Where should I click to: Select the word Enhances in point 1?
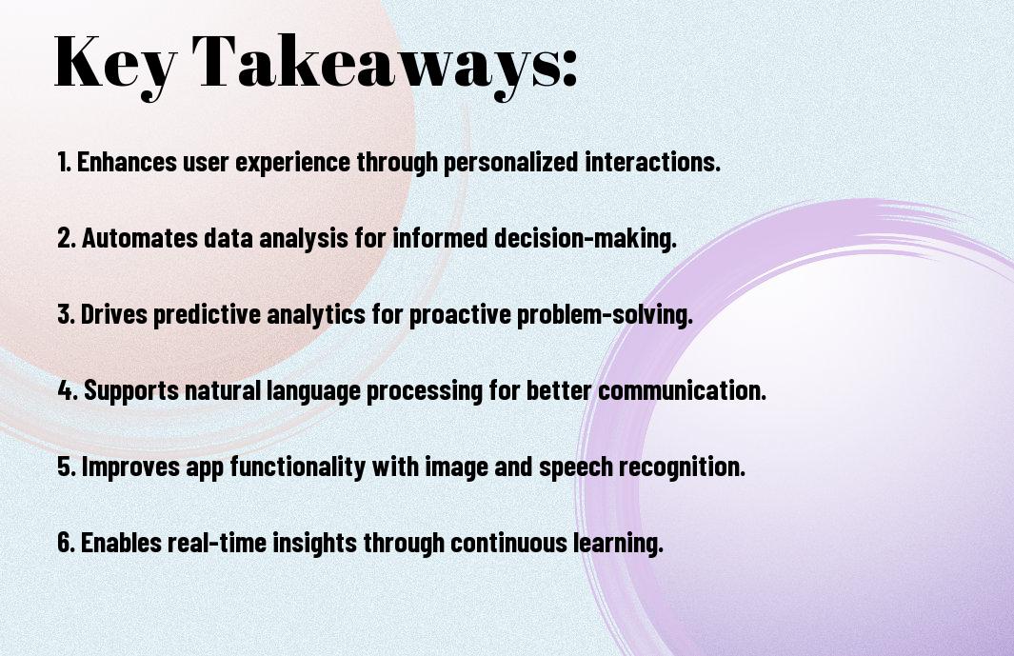point(127,162)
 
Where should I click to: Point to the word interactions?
point(652,162)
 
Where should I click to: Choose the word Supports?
point(131,391)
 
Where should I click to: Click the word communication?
point(683,390)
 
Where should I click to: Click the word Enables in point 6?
point(121,542)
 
